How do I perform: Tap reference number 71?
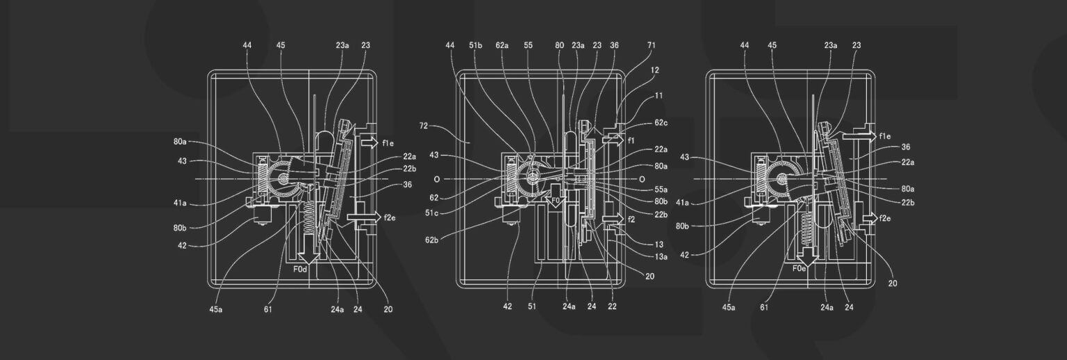(651, 45)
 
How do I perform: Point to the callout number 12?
(655, 70)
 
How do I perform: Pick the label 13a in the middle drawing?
(660, 257)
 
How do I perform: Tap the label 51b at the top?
(475, 45)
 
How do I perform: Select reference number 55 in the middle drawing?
(529, 45)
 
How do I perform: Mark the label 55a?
(661, 190)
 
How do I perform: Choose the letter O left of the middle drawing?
(436, 179)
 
